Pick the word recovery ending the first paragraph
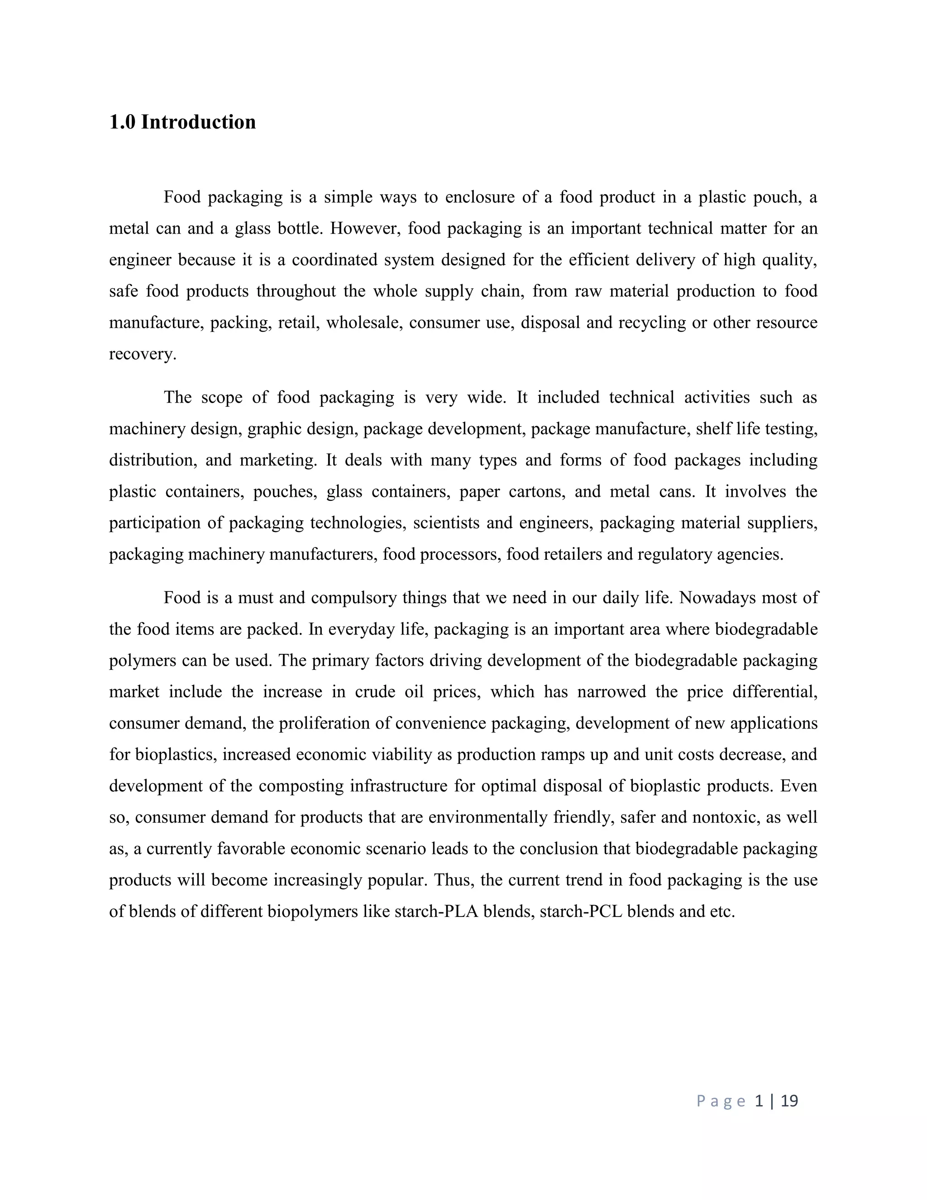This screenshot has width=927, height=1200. point(142,354)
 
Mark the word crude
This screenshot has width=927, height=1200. point(375,691)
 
